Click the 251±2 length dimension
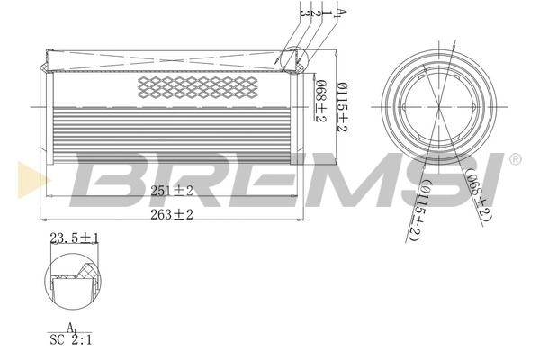pyautogui.click(x=172, y=190)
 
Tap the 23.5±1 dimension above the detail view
pyautogui.click(x=75, y=238)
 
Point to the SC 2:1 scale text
pyautogui.click(x=69, y=340)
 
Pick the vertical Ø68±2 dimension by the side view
pyautogui.click(x=320, y=100)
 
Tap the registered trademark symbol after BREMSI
pyautogui.click(x=515, y=160)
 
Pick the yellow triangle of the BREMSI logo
pyautogui.click(x=26, y=175)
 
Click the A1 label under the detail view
pyautogui.click(x=69, y=328)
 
